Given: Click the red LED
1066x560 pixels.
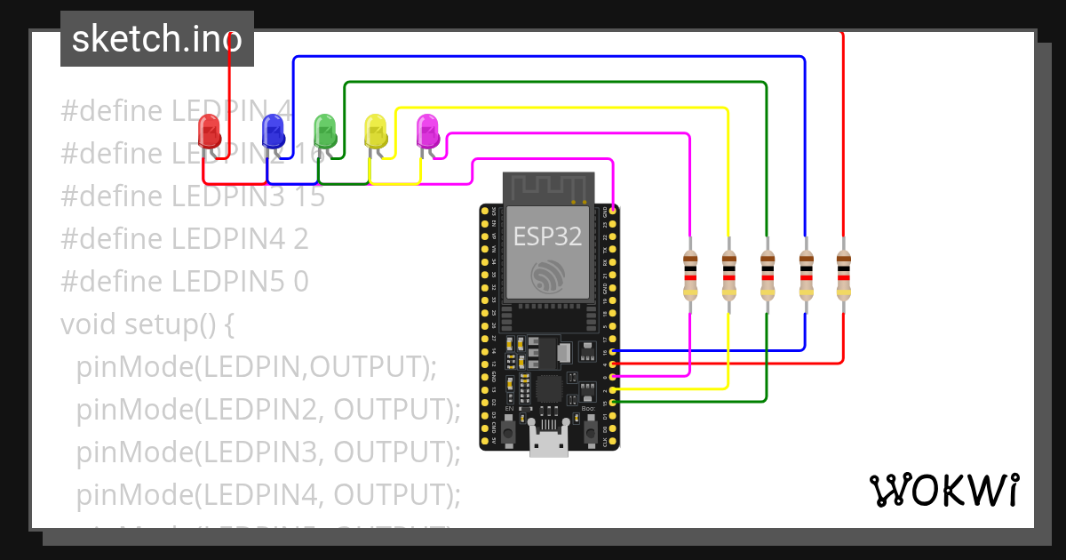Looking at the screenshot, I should point(210,131).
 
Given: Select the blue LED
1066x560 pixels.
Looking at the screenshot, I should point(273,131).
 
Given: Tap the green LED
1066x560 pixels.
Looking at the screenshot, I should point(325,131).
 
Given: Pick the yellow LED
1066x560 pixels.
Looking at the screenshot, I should point(377,131).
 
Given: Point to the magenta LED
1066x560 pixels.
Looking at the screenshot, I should point(428,131).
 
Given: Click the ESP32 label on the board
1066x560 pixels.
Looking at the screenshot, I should point(547,236).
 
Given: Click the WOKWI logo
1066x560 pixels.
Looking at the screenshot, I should point(943,491).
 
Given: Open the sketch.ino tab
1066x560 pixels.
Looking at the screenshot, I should point(157,39).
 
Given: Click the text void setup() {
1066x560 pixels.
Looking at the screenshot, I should point(147,324).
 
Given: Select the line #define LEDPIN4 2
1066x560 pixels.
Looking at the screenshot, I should point(185,239).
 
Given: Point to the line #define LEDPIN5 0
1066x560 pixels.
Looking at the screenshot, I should point(185,282).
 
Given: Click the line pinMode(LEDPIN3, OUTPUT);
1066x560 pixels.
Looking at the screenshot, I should point(268,452).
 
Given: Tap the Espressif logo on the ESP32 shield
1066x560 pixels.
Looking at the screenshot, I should point(547,276).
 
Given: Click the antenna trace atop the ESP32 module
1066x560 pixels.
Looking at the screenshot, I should point(548,188).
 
